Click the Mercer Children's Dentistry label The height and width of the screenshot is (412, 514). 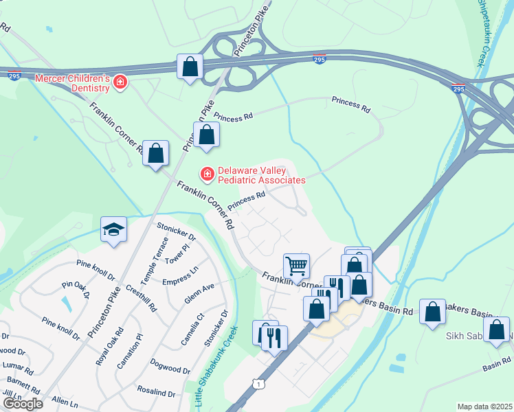click(72, 83)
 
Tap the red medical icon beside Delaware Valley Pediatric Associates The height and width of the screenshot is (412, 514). click(206, 174)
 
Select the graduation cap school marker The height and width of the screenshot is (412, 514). click(114, 229)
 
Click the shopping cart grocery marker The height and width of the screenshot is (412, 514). click(296, 264)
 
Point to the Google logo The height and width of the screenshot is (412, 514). click(23, 404)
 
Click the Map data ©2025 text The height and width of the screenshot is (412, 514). click(484, 407)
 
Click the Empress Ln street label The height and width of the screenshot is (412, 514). click(180, 281)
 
